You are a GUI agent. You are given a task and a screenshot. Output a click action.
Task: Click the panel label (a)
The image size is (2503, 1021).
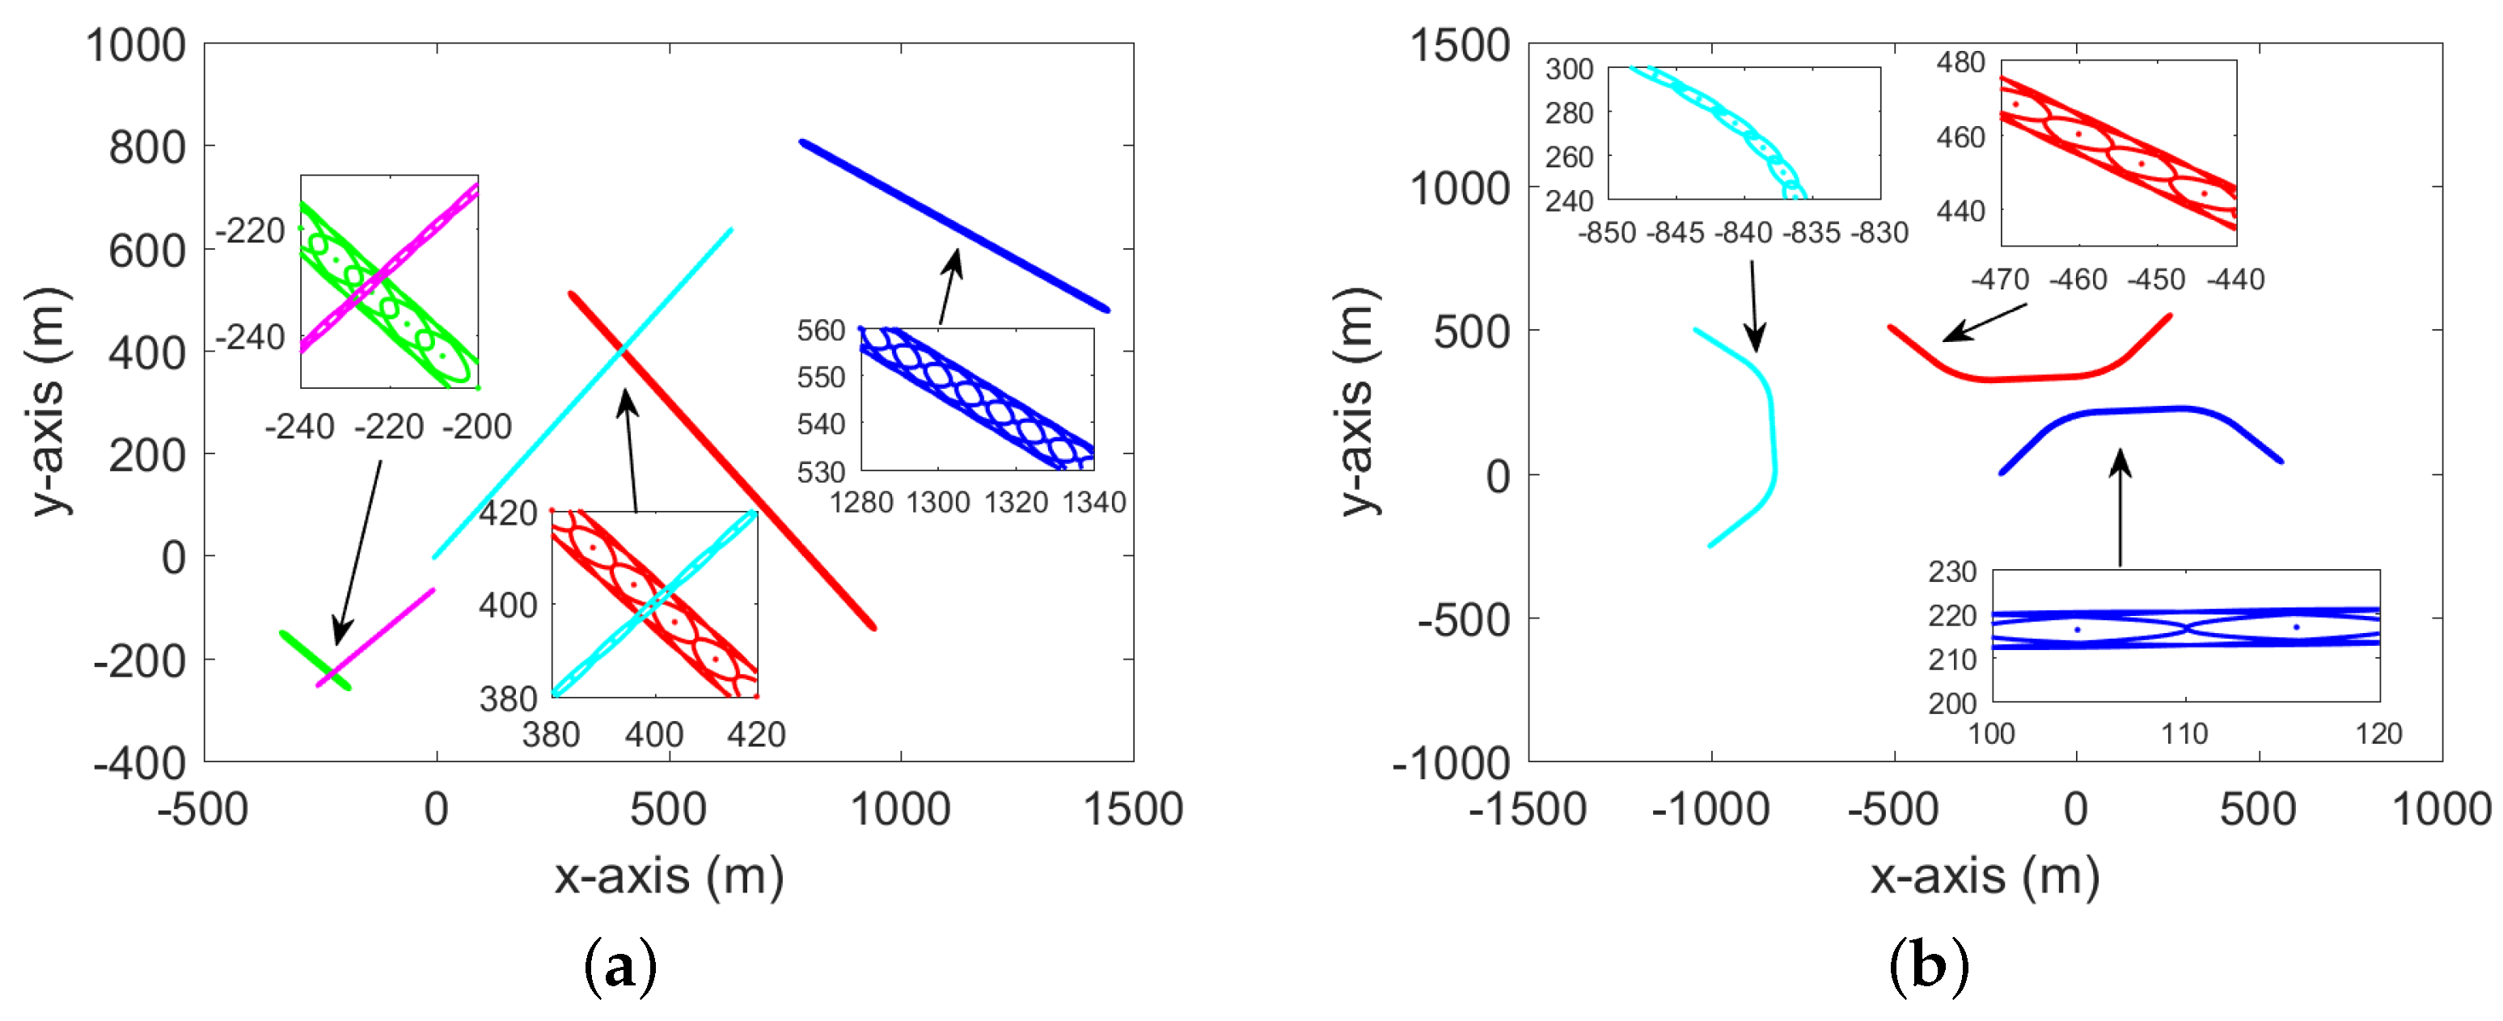tap(620, 968)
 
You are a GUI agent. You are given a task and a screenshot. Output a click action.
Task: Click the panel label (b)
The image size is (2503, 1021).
tap(1929, 968)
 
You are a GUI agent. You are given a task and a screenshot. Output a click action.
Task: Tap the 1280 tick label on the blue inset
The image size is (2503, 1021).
tap(860, 502)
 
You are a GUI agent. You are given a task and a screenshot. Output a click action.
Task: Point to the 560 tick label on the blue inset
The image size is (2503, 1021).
tap(821, 331)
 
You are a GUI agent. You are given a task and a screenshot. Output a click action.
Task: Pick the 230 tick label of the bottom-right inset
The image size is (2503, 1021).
tap(1952, 572)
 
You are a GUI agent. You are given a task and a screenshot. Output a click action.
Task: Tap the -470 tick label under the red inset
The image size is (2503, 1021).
tap(2000, 280)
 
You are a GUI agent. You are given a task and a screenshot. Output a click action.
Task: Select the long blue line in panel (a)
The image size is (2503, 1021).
tap(952, 226)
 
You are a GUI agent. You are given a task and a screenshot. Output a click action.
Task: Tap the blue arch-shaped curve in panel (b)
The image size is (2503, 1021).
tap(2137, 411)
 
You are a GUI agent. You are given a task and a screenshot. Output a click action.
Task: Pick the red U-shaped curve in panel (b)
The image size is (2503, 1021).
tap(2031, 377)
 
